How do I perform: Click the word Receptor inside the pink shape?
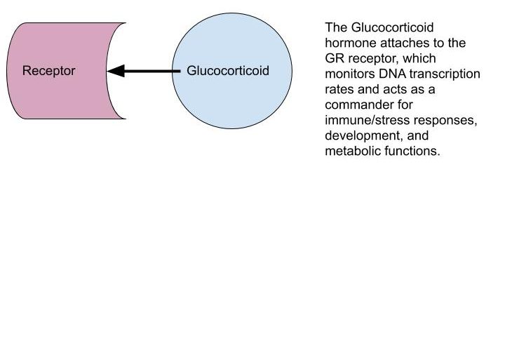click(x=48, y=71)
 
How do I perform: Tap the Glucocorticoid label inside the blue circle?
click(x=228, y=71)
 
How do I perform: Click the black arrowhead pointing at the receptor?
click(x=116, y=71)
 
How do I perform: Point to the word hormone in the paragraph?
click(x=351, y=43)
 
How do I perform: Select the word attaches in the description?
click(x=405, y=43)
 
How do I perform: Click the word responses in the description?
click(x=445, y=121)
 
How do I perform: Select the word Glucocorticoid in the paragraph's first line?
click(x=392, y=27)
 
